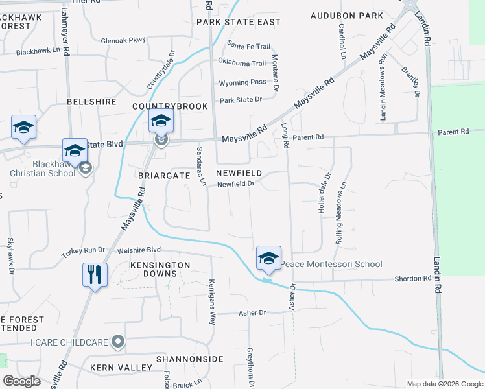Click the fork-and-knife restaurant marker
(95, 275)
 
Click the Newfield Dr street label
(235, 184)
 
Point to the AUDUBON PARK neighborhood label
(347, 15)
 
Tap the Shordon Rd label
(413, 278)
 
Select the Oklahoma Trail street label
(242, 64)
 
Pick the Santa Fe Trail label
(248, 46)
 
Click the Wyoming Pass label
(242, 82)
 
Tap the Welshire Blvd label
(139, 250)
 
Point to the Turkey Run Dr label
(83, 250)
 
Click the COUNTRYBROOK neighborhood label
(170, 106)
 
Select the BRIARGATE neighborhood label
(163, 175)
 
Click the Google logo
(22, 381)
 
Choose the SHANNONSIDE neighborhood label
(189, 359)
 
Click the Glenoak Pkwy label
(123, 40)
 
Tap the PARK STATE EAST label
(239, 22)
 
